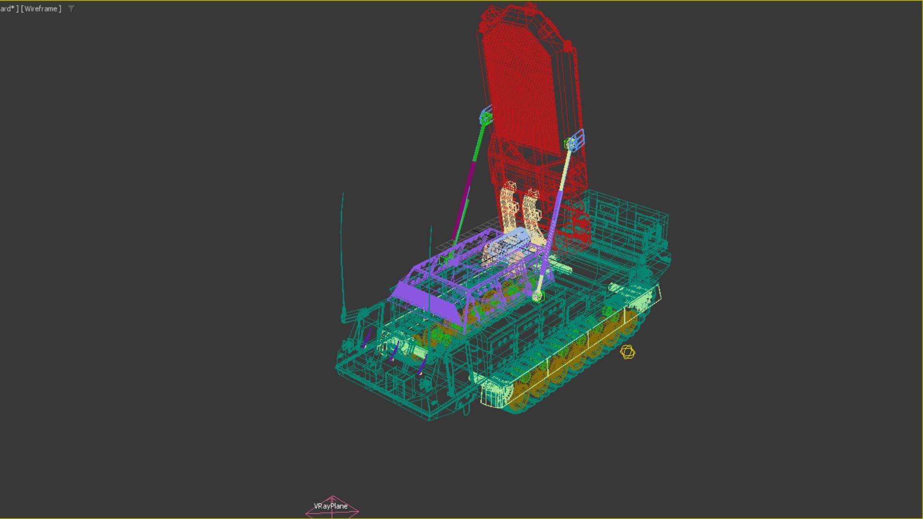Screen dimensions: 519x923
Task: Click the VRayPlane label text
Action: point(330,506)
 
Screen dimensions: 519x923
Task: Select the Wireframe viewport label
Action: point(41,9)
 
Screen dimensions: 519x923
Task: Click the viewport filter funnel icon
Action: point(71,9)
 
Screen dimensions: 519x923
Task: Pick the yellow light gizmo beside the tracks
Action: point(627,352)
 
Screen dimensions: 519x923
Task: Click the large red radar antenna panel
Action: point(524,86)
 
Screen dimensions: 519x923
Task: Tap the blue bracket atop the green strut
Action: point(486,115)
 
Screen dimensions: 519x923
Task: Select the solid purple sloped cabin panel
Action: point(428,300)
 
